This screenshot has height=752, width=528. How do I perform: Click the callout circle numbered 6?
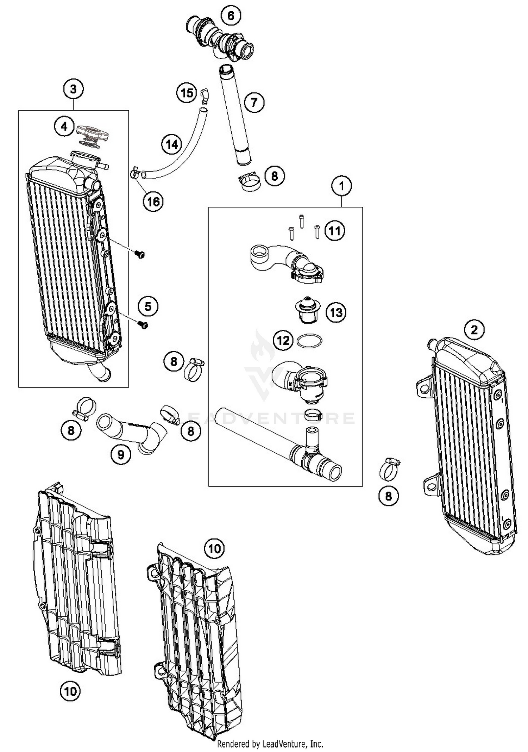coord(231,15)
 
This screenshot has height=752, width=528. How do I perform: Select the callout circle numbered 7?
coord(254,102)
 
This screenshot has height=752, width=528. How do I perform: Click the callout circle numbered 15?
coord(187,93)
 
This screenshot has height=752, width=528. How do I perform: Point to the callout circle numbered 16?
coord(153,202)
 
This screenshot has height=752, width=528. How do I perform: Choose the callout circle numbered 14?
coord(172,144)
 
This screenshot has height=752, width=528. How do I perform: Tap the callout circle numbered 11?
coord(334,231)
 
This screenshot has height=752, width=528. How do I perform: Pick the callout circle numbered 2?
coord(474,330)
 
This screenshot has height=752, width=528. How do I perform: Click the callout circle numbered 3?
coord(73,89)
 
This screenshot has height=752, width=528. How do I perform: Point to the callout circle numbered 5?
coord(148,306)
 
